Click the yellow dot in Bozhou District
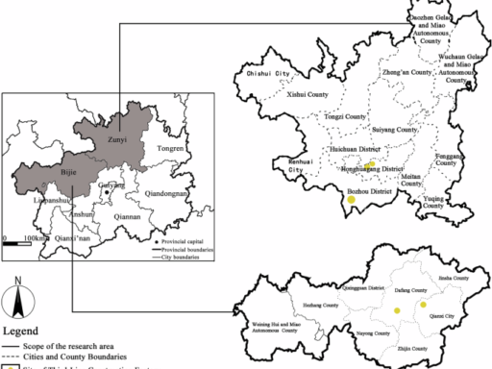coord(352,199)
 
